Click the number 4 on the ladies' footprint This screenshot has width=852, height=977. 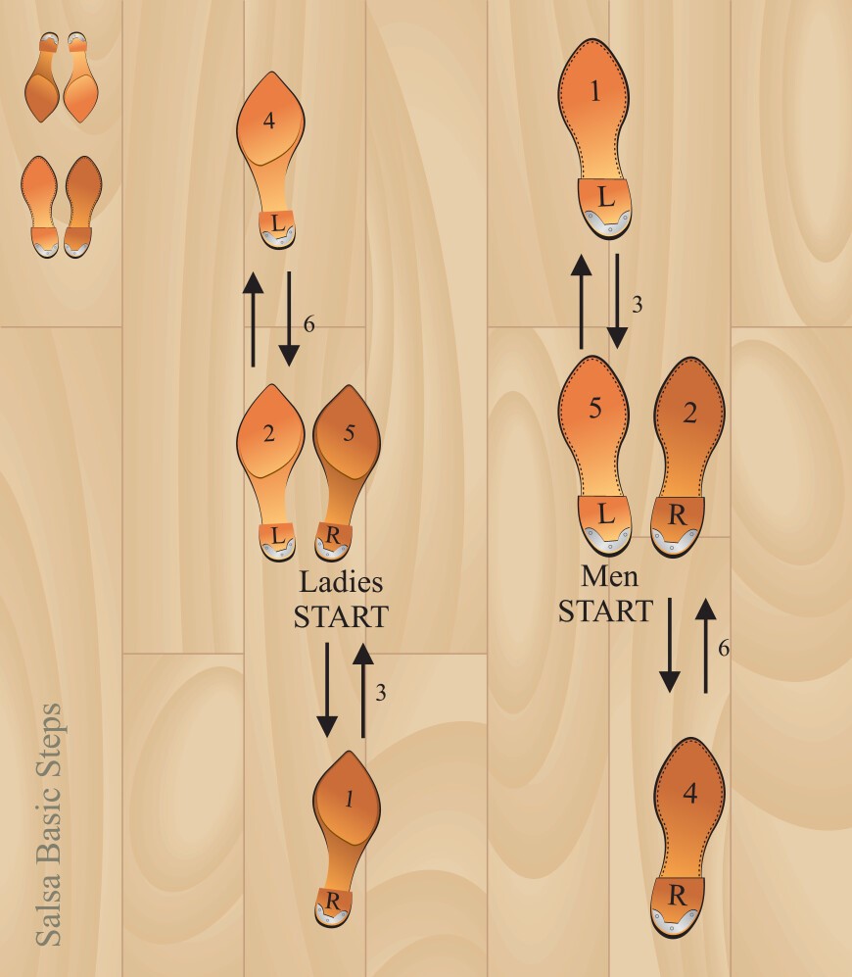point(269,121)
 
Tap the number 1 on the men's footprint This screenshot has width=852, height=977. point(595,91)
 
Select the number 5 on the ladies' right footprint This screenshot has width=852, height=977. point(349,432)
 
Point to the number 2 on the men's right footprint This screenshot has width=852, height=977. point(689,413)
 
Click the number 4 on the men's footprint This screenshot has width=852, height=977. point(690,793)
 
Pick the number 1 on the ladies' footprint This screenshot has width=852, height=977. point(350,799)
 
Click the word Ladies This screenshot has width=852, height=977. point(341,583)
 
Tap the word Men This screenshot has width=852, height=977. point(609,576)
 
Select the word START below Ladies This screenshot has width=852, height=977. point(341,616)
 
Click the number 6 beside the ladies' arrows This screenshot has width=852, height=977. point(308,324)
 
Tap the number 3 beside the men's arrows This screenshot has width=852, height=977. point(637,305)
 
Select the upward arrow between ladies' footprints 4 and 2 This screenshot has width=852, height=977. point(253,319)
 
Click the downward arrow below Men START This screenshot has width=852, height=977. point(670,645)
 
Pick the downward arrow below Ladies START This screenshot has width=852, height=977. point(327,690)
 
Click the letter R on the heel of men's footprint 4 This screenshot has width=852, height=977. point(677,896)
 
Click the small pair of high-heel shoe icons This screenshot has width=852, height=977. point(61,77)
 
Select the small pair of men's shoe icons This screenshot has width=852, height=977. point(61,207)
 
